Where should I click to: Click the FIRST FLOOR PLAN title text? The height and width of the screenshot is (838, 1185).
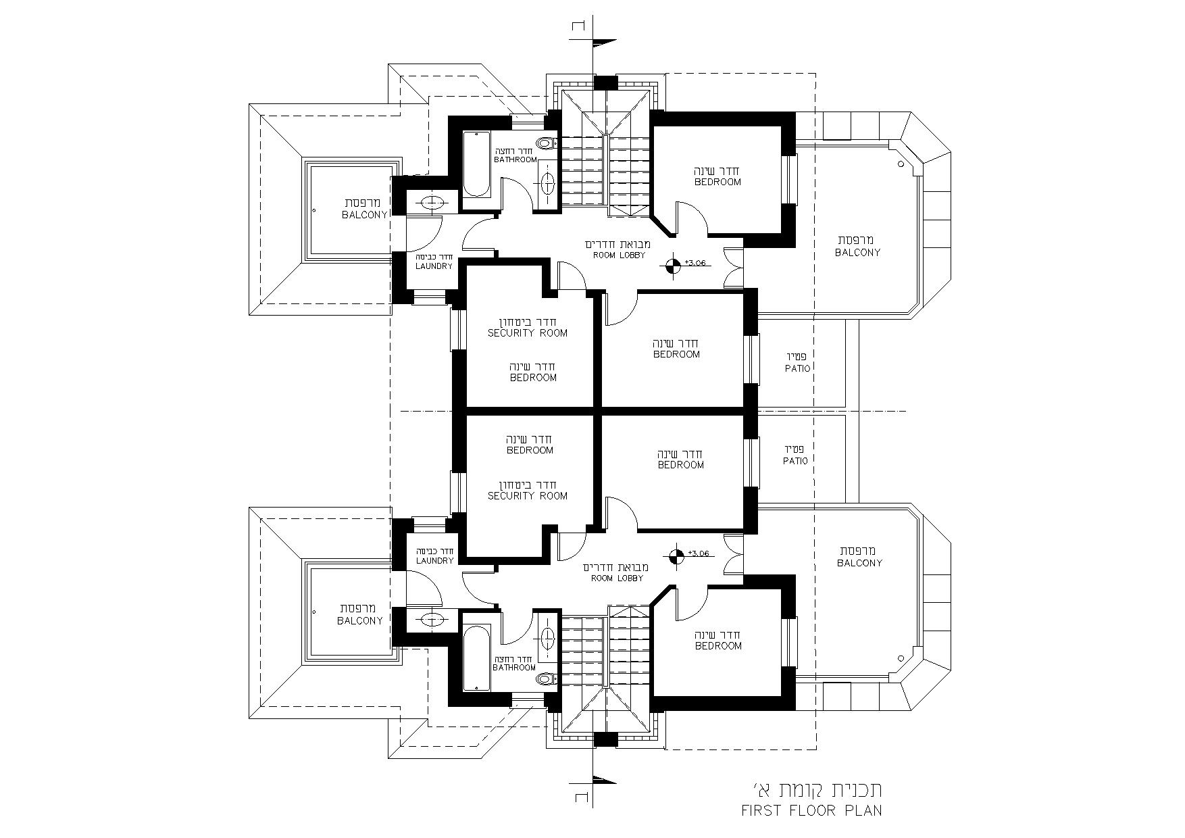pyautogui.click(x=811, y=810)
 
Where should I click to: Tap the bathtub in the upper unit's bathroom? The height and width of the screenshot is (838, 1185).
pyautogui.click(x=476, y=164)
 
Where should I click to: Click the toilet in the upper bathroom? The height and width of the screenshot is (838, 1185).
pyautogui.click(x=545, y=143)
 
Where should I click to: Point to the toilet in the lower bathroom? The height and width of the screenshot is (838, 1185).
pyautogui.click(x=545, y=679)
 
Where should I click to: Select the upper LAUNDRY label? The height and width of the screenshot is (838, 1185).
pyautogui.click(x=434, y=266)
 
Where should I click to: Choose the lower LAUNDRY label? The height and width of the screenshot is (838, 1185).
pyautogui.click(x=434, y=561)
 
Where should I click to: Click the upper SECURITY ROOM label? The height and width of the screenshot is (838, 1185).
pyautogui.click(x=528, y=333)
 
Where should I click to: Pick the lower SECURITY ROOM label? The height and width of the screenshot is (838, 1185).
pyautogui.click(x=528, y=496)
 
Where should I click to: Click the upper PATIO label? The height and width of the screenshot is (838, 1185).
pyautogui.click(x=797, y=369)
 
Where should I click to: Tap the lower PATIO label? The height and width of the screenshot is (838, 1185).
pyautogui.click(x=795, y=461)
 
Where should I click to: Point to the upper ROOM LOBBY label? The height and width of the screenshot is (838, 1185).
pyautogui.click(x=619, y=255)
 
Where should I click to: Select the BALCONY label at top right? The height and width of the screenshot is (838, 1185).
pyautogui.click(x=857, y=253)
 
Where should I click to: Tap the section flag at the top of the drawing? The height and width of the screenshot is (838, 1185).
pyautogui.click(x=604, y=43)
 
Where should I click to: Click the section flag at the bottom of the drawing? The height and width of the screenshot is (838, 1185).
pyautogui.click(x=604, y=781)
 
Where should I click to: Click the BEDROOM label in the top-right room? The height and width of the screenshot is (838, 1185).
pyautogui.click(x=717, y=182)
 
